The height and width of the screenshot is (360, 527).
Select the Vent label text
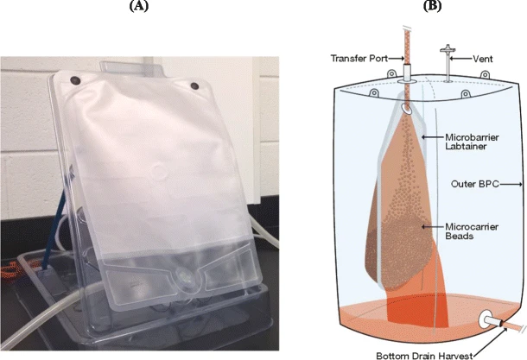484,58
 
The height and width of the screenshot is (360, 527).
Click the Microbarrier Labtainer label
470,143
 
